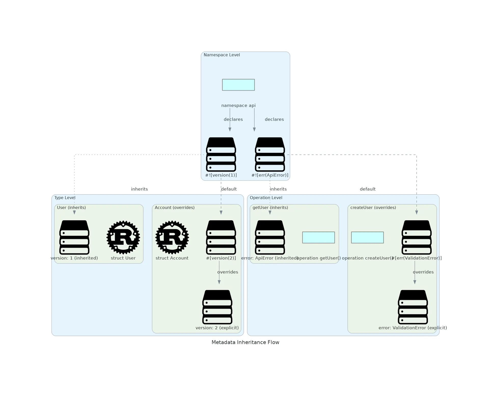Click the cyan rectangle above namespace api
point(238,85)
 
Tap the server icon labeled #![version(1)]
point(221,154)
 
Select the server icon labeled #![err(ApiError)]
point(270,154)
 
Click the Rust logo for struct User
point(123,237)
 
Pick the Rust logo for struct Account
point(172,237)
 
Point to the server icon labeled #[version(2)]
point(221,237)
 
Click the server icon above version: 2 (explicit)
point(217,307)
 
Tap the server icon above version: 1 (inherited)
point(74,237)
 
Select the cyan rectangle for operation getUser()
point(318,237)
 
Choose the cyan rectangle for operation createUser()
point(367,237)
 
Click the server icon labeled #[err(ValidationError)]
point(416,237)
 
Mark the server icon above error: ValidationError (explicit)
point(413,307)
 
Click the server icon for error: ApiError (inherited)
point(270,237)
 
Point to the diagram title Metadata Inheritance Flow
point(245,342)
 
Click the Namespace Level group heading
point(222,55)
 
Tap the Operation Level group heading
point(266,198)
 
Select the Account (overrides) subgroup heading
point(174,208)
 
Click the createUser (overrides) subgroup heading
point(373,208)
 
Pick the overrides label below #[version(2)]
point(228,272)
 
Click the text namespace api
point(238,106)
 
